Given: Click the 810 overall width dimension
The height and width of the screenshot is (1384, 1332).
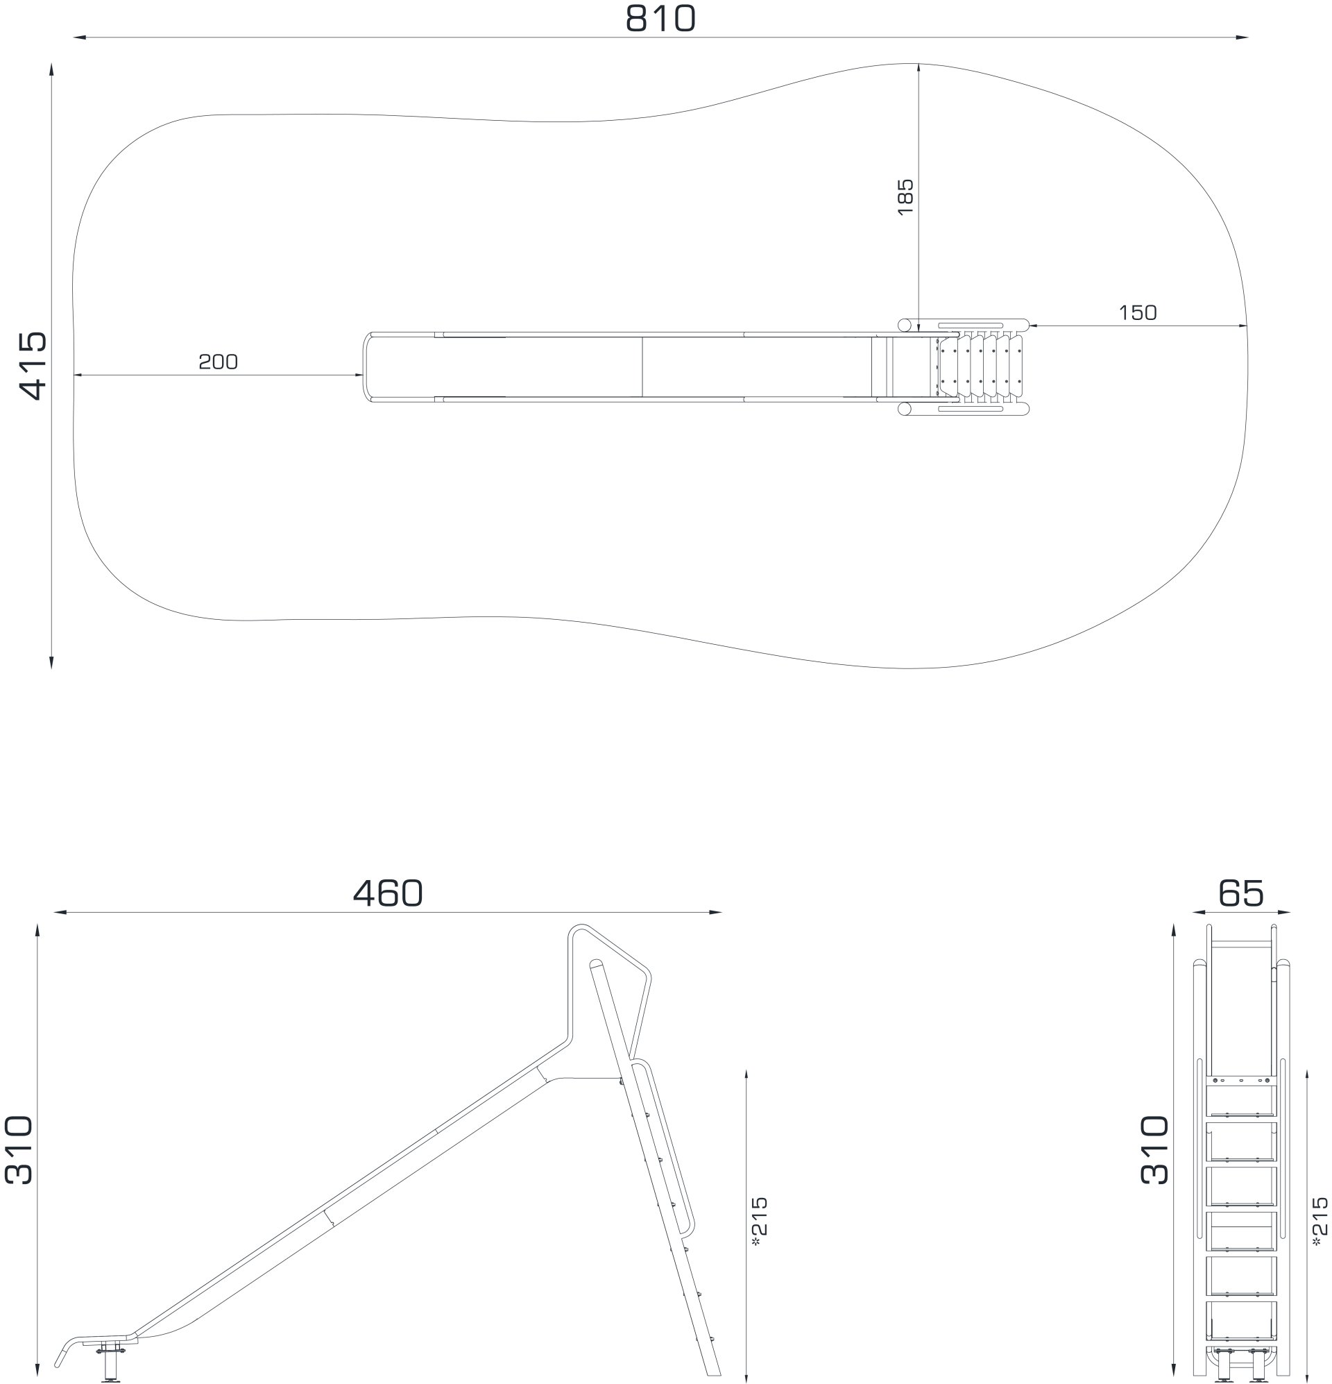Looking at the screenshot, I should (660, 19).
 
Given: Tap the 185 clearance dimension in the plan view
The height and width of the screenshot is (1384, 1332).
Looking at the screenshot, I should (905, 196).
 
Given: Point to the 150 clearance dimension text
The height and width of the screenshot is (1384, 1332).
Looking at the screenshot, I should (1137, 313).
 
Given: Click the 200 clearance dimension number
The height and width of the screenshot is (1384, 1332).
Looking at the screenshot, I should (218, 362).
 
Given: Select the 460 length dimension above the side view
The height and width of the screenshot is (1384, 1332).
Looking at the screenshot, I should (388, 893).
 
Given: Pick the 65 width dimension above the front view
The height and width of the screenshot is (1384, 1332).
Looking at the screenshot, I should (1240, 893).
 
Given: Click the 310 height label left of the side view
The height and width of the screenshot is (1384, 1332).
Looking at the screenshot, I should (19, 1149).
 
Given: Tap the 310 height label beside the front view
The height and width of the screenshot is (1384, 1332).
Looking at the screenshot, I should (1155, 1149).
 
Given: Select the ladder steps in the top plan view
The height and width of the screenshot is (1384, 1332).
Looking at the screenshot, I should (981, 366).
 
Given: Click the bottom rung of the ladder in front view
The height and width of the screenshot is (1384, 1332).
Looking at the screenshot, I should (1240, 1338).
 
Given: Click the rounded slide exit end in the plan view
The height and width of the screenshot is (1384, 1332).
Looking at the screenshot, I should (366, 366).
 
